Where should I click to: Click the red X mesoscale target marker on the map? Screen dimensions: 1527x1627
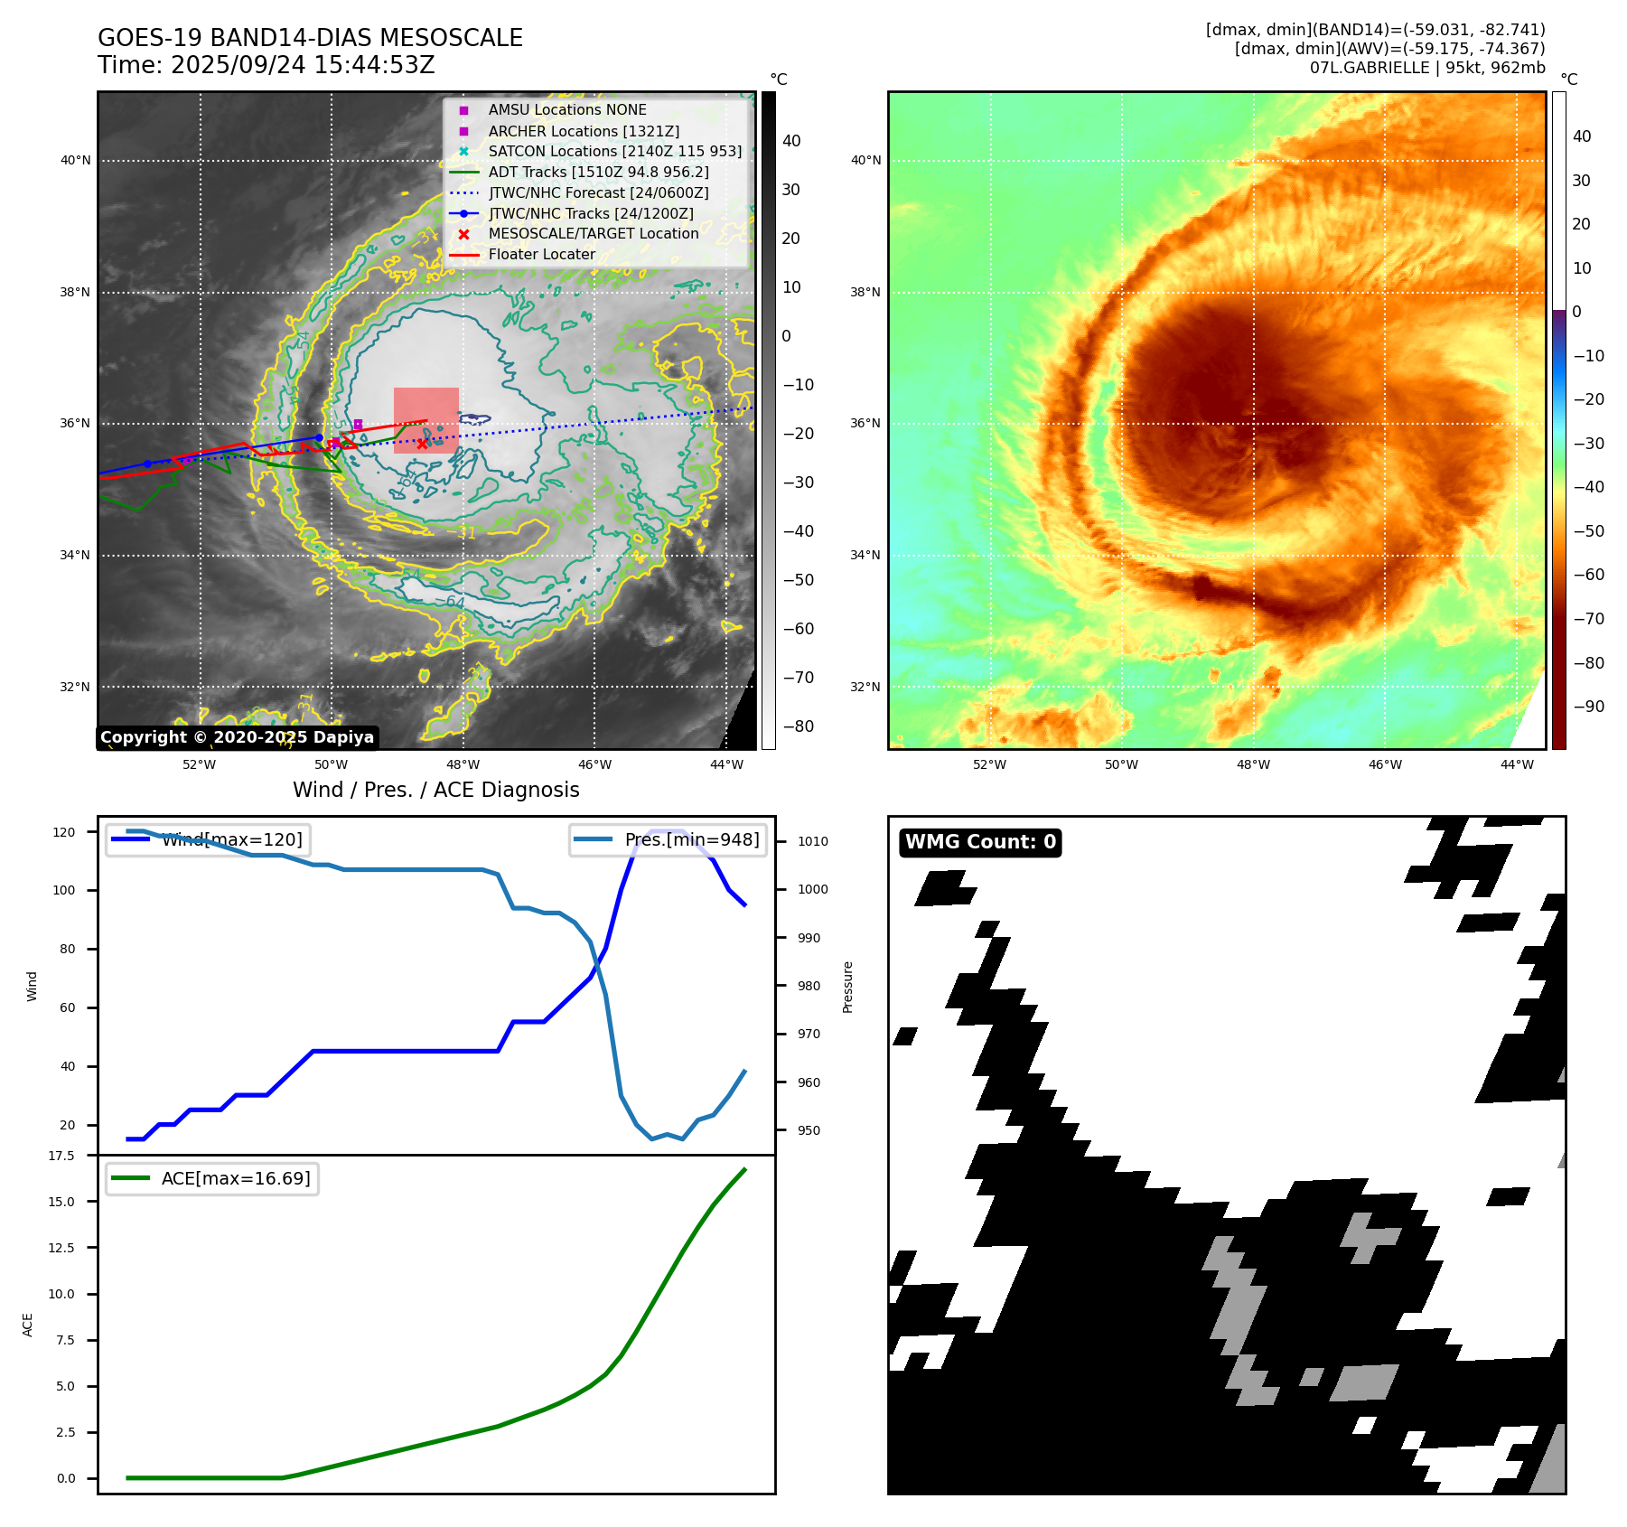click(x=422, y=444)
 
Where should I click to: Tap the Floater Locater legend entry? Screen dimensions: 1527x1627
click(x=541, y=254)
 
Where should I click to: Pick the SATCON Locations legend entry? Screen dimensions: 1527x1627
click(x=614, y=151)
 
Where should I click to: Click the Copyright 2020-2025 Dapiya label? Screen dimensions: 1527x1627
click(x=237, y=737)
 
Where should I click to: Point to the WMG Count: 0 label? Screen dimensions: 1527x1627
click(x=980, y=842)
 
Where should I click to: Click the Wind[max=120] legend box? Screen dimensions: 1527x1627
click(x=208, y=839)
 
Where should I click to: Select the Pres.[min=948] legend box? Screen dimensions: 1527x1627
click(x=669, y=839)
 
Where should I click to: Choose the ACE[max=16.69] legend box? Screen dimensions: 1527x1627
click(x=212, y=1178)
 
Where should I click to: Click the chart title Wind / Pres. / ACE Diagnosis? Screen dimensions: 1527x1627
click(x=435, y=790)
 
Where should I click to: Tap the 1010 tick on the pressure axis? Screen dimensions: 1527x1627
click(x=812, y=841)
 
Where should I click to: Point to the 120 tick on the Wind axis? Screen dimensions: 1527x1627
click(x=64, y=832)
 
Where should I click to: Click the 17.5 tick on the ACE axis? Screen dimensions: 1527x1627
click(x=61, y=1156)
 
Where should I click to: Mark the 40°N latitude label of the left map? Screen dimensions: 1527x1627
click(x=75, y=161)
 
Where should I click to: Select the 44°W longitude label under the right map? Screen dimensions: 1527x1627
click(x=1517, y=764)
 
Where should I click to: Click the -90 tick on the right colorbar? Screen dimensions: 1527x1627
click(x=1588, y=707)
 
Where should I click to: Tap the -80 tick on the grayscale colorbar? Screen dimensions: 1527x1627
click(x=798, y=726)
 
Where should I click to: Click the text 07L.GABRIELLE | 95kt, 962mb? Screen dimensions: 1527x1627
click(x=1427, y=68)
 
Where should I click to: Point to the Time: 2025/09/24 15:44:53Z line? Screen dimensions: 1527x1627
click(x=266, y=65)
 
